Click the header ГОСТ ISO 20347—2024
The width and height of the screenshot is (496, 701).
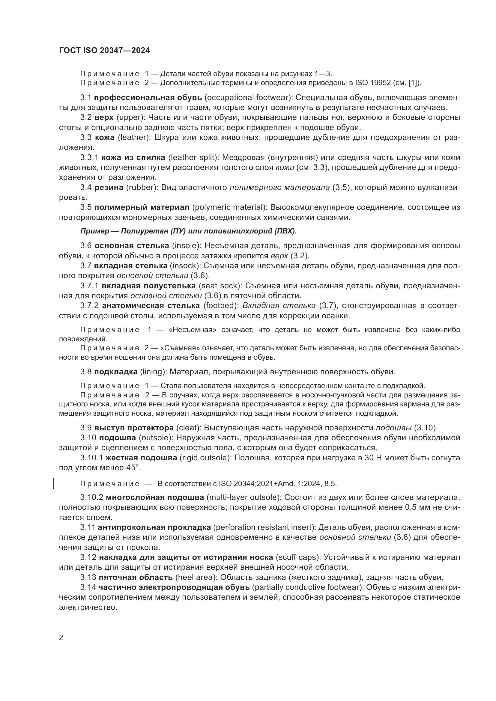click(104, 51)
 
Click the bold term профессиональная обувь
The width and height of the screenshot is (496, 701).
click(148, 98)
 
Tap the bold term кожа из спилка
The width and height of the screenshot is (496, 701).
click(133, 158)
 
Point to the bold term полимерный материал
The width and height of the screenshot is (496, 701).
click(142, 207)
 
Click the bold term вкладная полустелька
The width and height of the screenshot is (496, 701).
click(148, 286)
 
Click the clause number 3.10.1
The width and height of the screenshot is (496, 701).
click(92, 458)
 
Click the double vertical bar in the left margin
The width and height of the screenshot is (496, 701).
click(54, 484)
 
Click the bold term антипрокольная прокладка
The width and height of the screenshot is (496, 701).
click(154, 527)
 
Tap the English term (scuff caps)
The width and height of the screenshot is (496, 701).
click(298, 557)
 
